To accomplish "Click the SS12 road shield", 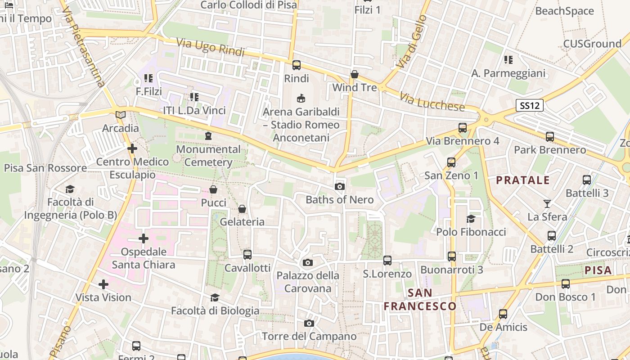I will pyautogui.click(x=530, y=106).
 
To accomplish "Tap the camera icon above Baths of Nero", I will pyautogui.click(x=340, y=186).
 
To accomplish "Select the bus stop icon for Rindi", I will pyautogui.click(x=297, y=65).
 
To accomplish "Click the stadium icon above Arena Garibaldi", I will pyautogui.click(x=301, y=98).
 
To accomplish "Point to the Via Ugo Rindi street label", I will pyautogui.click(x=210, y=47).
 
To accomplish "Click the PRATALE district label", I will pyautogui.click(x=523, y=180).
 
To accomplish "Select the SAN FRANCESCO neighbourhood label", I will pyautogui.click(x=420, y=300).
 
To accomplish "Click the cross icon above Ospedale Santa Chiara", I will pyautogui.click(x=144, y=238).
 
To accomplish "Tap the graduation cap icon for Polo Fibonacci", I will pyautogui.click(x=471, y=219).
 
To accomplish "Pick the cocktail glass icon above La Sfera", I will pyautogui.click(x=547, y=204).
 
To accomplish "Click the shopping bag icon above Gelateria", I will pyautogui.click(x=242, y=209).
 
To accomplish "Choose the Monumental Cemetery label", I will pyautogui.click(x=208, y=156).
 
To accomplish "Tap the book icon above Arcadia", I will pyautogui.click(x=120, y=115).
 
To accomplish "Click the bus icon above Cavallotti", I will pyautogui.click(x=247, y=255).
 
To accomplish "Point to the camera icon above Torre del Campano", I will pyautogui.click(x=309, y=323).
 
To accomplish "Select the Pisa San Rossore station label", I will pyautogui.click(x=45, y=168).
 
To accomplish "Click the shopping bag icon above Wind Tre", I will pyautogui.click(x=355, y=74).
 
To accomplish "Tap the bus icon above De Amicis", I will pyautogui.click(x=503, y=314).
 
